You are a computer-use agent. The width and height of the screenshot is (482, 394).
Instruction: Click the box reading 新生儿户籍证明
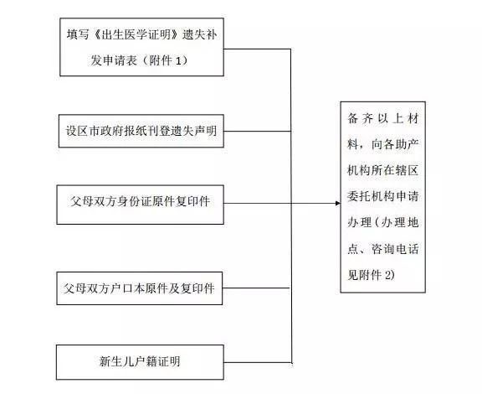click(140, 362)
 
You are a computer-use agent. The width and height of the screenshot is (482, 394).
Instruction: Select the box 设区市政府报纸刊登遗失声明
click(141, 131)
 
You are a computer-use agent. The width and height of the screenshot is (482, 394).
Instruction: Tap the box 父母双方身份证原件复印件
click(141, 205)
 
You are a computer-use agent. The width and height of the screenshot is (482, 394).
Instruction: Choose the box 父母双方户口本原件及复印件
click(140, 288)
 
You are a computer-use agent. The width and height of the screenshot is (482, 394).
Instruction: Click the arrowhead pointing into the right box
click(338, 204)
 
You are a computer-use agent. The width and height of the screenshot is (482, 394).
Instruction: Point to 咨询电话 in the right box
click(395, 248)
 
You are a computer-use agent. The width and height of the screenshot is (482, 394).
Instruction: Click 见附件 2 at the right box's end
click(371, 274)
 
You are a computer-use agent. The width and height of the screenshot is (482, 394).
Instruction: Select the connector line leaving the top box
click(257, 49)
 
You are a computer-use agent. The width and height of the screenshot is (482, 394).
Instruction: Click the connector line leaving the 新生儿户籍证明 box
click(258, 362)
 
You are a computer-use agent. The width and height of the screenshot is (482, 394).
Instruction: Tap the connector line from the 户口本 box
click(256, 288)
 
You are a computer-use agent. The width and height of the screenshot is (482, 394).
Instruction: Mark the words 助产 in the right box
click(407, 144)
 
